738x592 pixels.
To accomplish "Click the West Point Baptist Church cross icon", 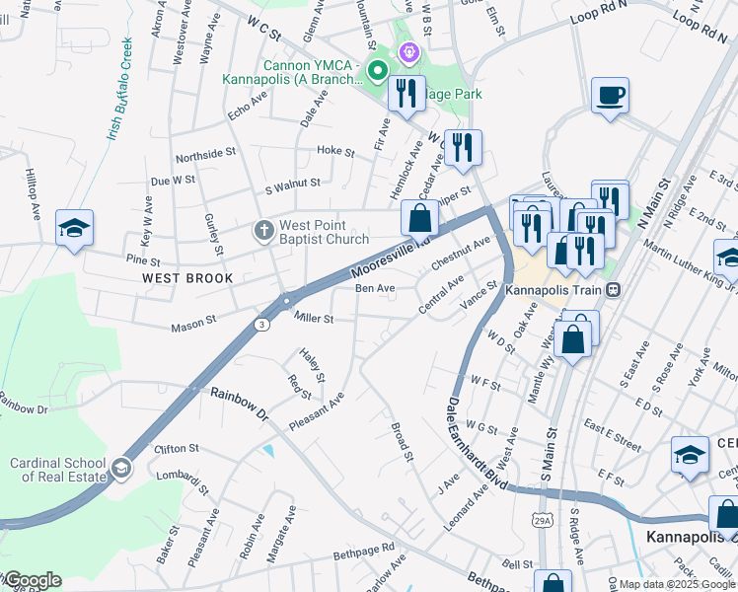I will [x=263, y=231].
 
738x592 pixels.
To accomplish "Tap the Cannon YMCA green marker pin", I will [x=376, y=70].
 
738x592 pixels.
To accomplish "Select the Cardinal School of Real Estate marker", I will [x=121, y=467].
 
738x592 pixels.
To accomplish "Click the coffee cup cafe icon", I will [x=610, y=96].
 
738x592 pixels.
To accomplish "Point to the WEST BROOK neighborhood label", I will [x=187, y=278].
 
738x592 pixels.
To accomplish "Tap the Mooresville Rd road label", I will [x=392, y=256].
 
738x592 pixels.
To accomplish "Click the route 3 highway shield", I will [x=261, y=324].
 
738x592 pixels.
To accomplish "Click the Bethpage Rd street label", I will [x=363, y=548].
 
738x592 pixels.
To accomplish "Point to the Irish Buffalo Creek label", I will [x=116, y=88].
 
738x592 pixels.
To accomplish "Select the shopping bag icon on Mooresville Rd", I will [x=419, y=217].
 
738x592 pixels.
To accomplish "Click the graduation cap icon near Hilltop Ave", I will [x=74, y=228].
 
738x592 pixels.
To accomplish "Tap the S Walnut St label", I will [x=293, y=184].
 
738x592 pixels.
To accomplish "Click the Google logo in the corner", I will [x=32, y=580].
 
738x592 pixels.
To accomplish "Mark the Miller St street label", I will [x=315, y=319].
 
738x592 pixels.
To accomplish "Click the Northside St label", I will [x=206, y=156].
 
